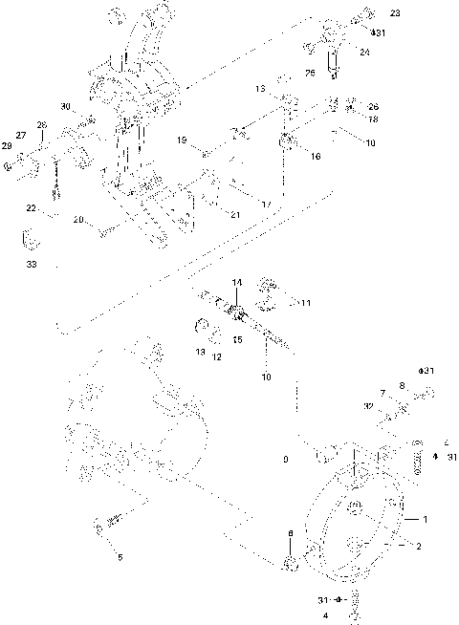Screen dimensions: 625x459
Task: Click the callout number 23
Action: [396, 13]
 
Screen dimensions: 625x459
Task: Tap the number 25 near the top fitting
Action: [310, 72]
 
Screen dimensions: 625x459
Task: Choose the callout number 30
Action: [65, 106]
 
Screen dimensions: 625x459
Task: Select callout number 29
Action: [9, 145]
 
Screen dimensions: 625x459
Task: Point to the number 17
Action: [266, 204]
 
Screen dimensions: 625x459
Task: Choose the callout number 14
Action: [237, 282]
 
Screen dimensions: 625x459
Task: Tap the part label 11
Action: [305, 303]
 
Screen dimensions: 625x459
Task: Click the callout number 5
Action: [119, 556]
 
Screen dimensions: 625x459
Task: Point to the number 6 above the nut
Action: [291, 532]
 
